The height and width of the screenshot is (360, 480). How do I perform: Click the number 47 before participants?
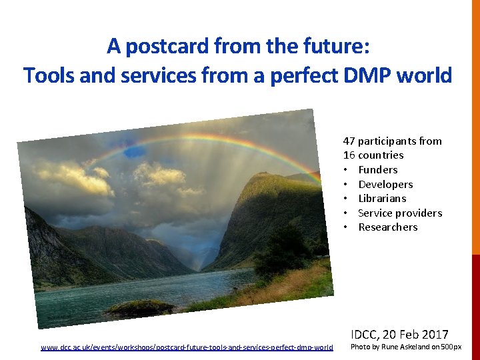tap(349, 141)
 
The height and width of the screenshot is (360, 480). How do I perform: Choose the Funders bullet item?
tap(377, 169)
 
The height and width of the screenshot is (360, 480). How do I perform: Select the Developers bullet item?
tap(385, 184)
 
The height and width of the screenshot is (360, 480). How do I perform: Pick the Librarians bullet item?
tap(382, 198)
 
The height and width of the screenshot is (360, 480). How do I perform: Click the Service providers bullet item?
tap(400, 213)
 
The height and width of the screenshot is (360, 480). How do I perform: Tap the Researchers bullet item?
tap(387, 227)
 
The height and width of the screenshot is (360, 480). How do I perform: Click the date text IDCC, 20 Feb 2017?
tap(399, 334)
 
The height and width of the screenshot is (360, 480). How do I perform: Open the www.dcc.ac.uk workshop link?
tap(187, 347)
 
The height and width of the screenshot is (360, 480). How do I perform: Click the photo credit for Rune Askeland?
tap(405, 347)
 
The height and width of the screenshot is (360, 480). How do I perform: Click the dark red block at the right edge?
tap(475, 307)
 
